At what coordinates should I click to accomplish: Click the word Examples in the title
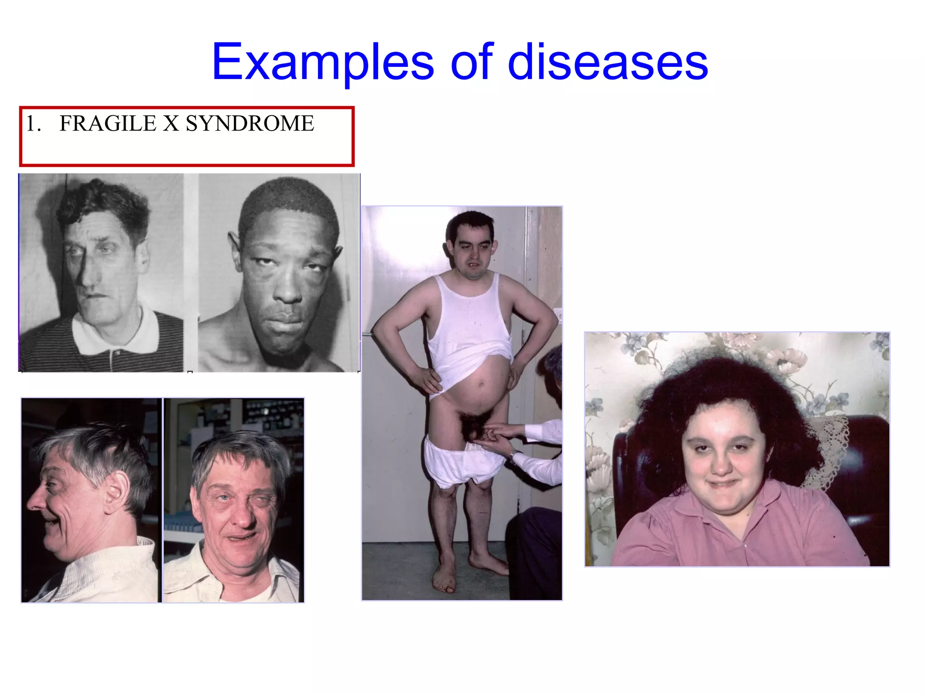click(x=322, y=62)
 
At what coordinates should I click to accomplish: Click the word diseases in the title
click(x=607, y=62)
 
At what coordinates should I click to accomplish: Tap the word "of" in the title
click(x=471, y=62)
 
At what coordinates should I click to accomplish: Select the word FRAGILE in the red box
click(x=107, y=124)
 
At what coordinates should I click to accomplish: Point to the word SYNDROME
click(x=250, y=124)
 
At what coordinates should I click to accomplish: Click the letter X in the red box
click(x=171, y=124)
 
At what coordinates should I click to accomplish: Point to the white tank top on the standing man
click(x=470, y=325)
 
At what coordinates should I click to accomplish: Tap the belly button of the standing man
click(x=481, y=385)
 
